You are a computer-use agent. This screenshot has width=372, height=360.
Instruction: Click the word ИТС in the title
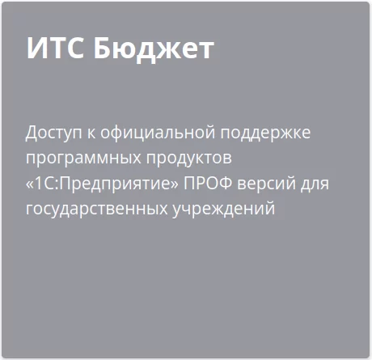pyautogui.click(x=55, y=49)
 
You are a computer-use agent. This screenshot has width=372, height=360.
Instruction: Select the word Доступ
pyautogui.click(x=53, y=133)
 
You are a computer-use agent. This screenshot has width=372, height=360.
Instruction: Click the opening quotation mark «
pyautogui.click(x=29, y=185)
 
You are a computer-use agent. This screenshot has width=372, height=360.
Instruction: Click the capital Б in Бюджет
pyautogui.click(x=104, y=49)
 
